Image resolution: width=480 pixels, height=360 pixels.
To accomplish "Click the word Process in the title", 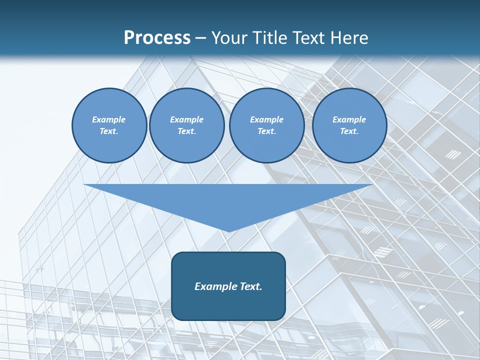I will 157,38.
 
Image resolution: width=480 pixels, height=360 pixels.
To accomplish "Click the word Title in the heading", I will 270,38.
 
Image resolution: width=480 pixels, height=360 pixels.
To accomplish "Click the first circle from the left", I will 109,125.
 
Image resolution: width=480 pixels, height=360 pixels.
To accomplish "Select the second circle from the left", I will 187,125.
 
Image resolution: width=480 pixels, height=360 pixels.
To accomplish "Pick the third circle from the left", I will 267,125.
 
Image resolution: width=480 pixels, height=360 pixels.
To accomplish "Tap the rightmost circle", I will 349,125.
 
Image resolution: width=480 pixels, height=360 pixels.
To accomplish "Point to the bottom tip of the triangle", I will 228,231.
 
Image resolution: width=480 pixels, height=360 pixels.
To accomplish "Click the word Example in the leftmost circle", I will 109,119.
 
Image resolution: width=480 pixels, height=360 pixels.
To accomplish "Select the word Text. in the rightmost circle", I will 349,131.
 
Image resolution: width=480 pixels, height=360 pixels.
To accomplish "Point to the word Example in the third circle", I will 267,119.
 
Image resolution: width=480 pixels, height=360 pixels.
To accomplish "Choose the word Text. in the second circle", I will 187,131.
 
